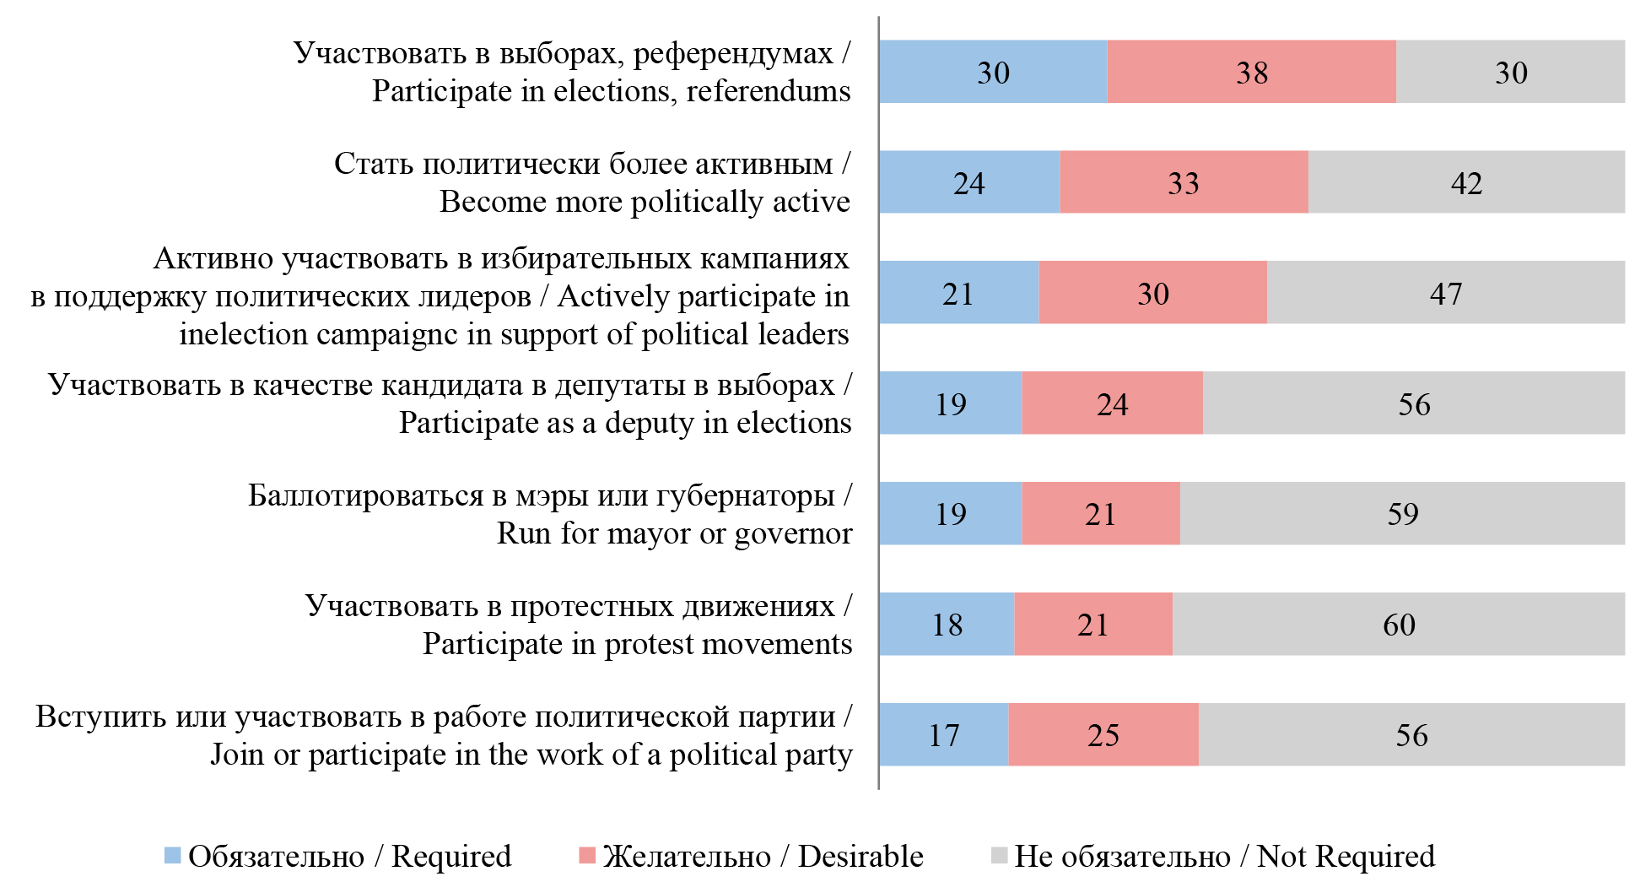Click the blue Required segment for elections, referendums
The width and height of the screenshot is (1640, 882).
[992, 72]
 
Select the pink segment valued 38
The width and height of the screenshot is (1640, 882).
[1251, 72]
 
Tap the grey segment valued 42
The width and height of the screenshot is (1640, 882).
[1466, 182]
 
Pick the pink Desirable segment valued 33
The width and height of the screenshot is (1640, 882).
[1184, 182]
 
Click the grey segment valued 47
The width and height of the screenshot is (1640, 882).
[1445, 293]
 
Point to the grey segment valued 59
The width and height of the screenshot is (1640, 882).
[1402, 513]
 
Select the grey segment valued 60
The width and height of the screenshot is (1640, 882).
[1398, 624]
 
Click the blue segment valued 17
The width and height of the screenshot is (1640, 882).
[943, 734]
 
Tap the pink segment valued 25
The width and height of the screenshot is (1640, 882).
[1103, 734]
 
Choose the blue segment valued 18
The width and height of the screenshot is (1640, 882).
[947, 624]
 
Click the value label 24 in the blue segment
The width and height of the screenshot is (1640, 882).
[968, 183]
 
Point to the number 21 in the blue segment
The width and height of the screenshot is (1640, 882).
[958, 294]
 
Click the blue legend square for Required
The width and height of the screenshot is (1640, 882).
[172, 856]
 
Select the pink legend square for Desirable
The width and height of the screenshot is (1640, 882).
[587, 856]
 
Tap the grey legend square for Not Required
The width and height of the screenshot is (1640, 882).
[999, 856]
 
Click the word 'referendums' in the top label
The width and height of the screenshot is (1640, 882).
[768, 91]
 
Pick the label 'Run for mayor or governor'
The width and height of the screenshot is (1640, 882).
[674, 533]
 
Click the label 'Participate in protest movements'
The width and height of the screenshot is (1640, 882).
[637, 644]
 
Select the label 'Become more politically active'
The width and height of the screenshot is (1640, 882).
[645, 202]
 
